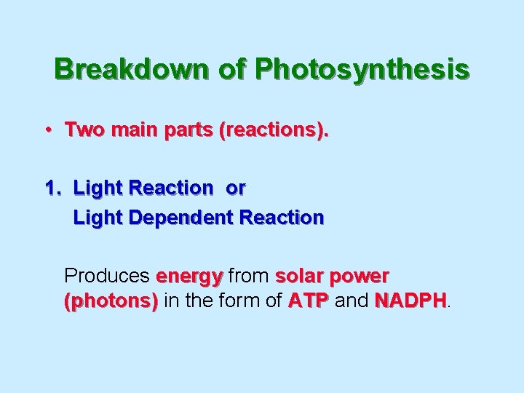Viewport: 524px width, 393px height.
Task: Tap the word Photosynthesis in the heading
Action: tap(362, 69)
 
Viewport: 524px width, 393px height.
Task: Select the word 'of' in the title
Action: tap(227, 69)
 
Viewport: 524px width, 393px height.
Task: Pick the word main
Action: tap(127, 131)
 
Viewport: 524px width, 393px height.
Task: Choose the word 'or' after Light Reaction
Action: tap(236, 188)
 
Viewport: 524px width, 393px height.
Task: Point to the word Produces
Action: tap(107, 277)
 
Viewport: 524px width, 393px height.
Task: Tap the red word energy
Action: tap(189, 277)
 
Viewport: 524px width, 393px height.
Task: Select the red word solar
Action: tap(299, 277)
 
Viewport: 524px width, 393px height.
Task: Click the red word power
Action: tap(359, 277)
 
